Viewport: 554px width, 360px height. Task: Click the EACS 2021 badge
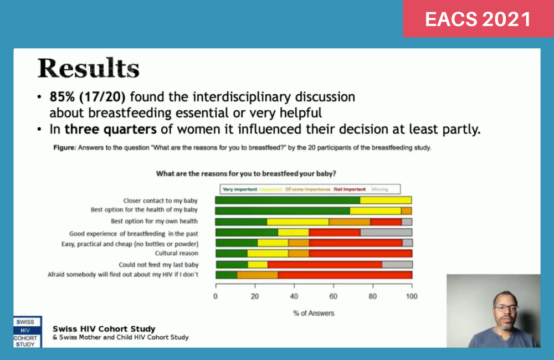478,19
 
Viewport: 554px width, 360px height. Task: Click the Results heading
89,69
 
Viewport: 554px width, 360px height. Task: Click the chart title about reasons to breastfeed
247,173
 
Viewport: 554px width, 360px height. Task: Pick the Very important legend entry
238,189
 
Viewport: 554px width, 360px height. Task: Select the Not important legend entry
350,189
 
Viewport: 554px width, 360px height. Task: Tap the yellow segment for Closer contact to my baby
386,200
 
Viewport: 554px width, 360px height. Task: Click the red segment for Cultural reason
360,253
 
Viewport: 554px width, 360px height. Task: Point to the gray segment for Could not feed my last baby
397,264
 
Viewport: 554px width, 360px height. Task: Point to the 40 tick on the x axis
294,296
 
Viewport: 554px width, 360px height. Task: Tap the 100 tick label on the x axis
411,296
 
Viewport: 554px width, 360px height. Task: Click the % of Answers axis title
314,313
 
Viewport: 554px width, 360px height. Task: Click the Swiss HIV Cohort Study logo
26,332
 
